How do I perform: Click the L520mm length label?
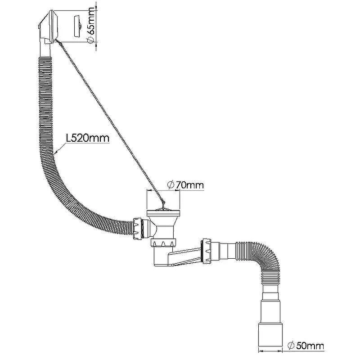[88, 138]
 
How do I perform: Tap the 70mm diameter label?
[185, 185]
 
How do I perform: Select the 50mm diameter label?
[306, 346]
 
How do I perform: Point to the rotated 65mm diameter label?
[91, 25]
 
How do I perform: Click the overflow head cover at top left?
[49, 27]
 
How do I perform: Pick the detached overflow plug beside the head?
[77, 26]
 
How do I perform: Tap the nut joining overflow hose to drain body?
[137, 229]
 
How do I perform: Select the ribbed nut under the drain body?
[163, 243]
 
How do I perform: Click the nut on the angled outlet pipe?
[206, 251]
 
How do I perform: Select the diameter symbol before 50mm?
[291, 346]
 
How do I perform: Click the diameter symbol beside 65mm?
[90, 40]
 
